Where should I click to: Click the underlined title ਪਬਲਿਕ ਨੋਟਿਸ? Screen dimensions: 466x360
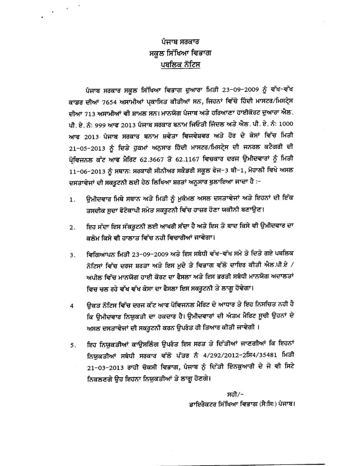tap(180, 65)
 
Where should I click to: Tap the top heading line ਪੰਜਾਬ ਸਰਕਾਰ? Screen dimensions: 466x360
tap(180, 42)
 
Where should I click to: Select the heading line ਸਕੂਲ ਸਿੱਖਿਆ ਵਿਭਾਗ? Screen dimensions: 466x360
tap(180, 53)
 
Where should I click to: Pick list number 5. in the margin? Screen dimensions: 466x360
tap(73, 345)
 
